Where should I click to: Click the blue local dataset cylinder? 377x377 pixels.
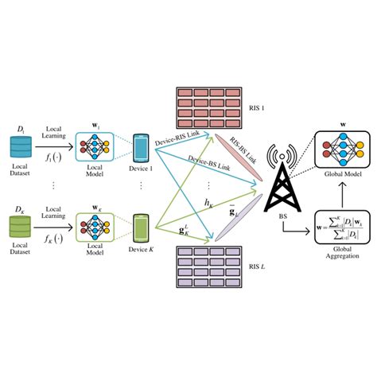coord(20,146)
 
